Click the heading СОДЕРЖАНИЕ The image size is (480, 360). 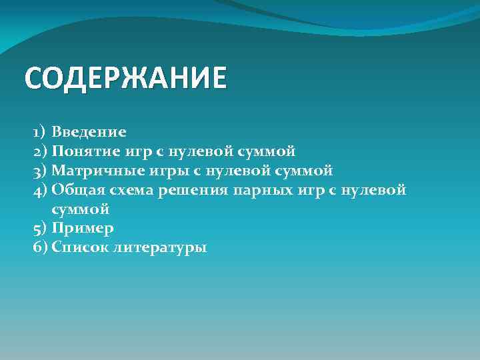click(x=125, y=78)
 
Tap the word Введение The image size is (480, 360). click(x=89, y=132)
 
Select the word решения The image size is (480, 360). click(x=194, y=191)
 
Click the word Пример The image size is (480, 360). click(x=83, y=229)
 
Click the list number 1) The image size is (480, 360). click(x=39, y=132)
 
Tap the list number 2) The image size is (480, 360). click(x=39, y=151)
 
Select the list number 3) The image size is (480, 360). click(x=39, y=171)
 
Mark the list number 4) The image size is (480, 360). click(x=39, y=190)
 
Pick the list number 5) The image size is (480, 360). click(x=39, y=229)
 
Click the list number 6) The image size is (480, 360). click(x=39, y=248)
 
